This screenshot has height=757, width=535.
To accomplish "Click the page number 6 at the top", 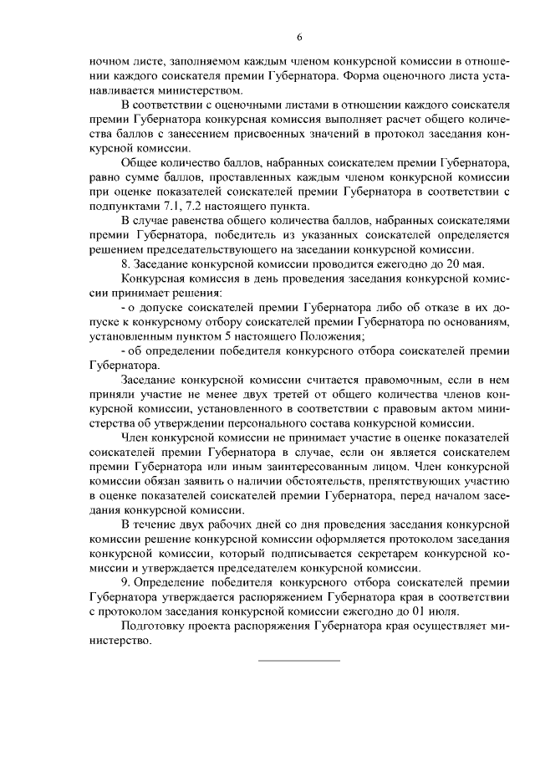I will point(298,36).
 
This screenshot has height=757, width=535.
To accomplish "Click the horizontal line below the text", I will point(298,661).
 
